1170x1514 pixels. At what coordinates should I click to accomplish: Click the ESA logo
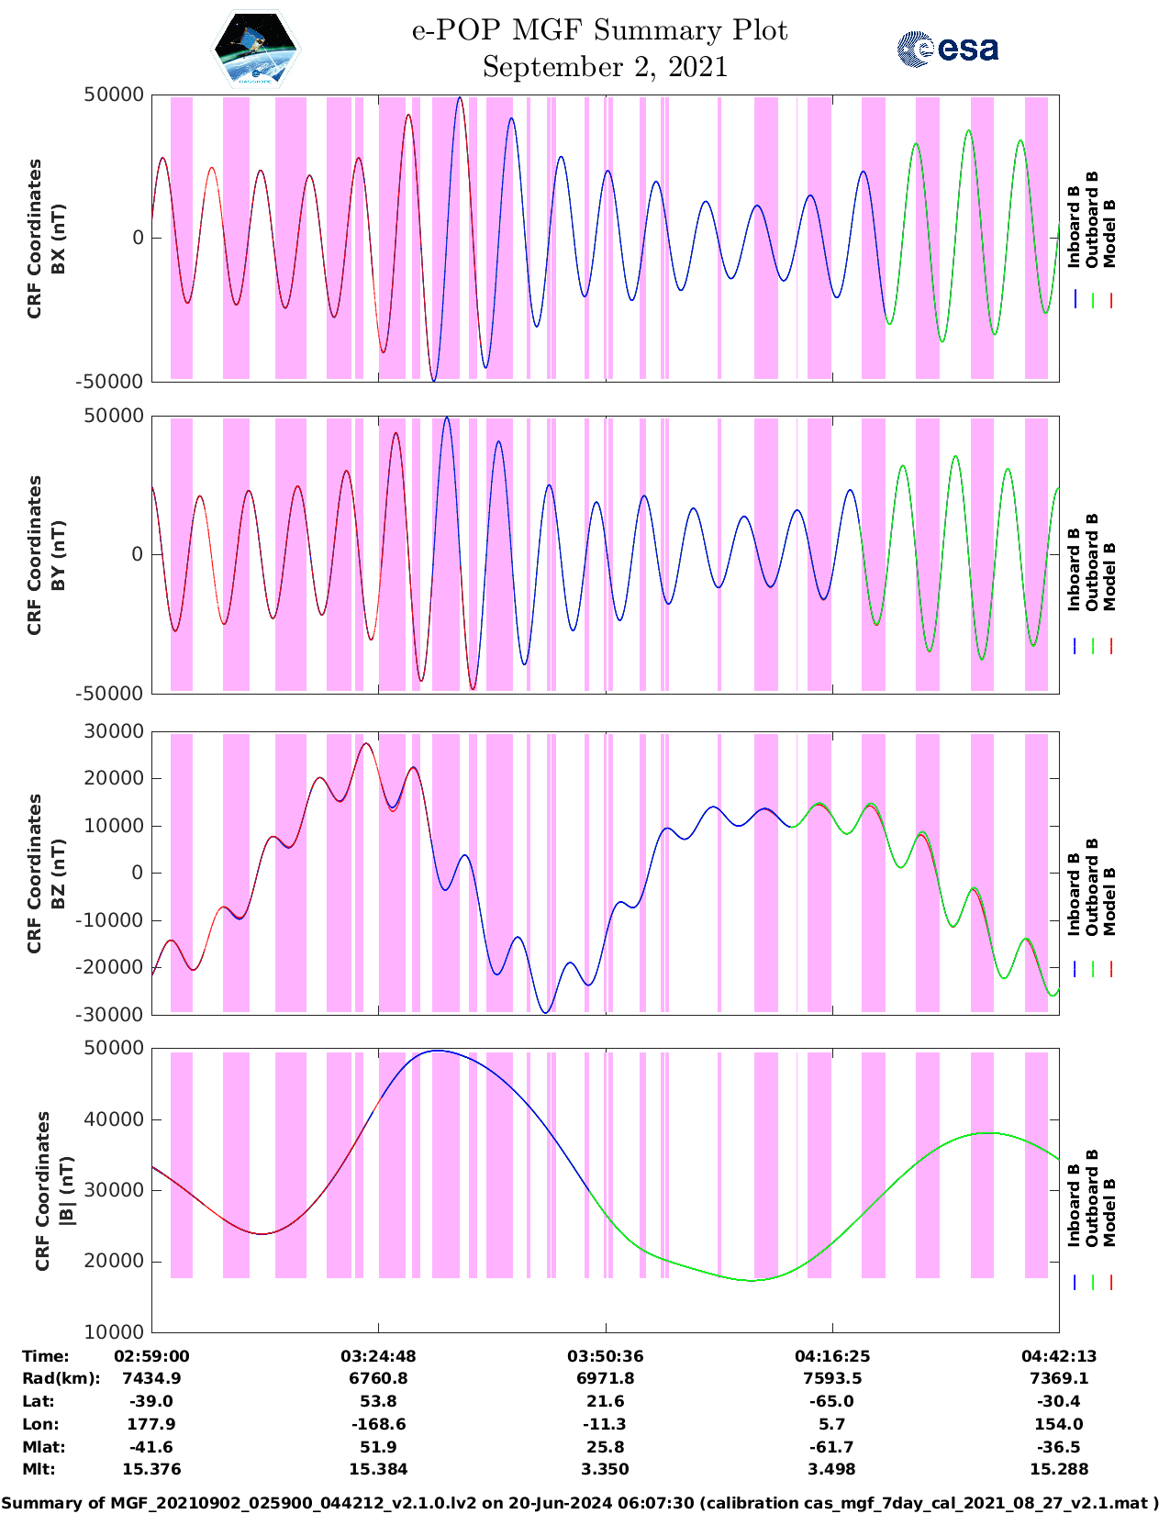pos(947,49)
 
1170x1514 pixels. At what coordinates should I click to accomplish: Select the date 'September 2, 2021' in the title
pos(604,67)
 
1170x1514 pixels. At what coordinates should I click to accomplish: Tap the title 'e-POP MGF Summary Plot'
pos(599,30)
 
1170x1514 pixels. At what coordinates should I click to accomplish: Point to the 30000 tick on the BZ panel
pos(113,731)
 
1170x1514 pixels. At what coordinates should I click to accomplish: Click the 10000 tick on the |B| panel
pos(113,1331)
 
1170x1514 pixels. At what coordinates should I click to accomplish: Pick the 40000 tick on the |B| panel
pos(113,1119)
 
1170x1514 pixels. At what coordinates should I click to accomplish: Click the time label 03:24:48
pos(378,1356)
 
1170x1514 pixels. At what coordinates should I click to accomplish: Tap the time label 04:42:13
pos(1059,1356)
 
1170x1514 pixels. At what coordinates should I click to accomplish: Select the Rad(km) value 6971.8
pos(605,1378)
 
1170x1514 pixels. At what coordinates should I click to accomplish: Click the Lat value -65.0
pos(831,1401)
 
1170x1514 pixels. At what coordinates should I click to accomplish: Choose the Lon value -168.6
pos(378,1424)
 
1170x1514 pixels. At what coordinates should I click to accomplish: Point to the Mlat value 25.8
pos(605,1447)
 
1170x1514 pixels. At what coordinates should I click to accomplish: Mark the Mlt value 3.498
pos(831,1469)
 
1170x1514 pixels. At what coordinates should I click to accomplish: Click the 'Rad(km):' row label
pos(61,1378)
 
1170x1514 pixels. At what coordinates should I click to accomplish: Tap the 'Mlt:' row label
pos(39,1469)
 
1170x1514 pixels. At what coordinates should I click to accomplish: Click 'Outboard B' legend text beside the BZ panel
pos(1092,885)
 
